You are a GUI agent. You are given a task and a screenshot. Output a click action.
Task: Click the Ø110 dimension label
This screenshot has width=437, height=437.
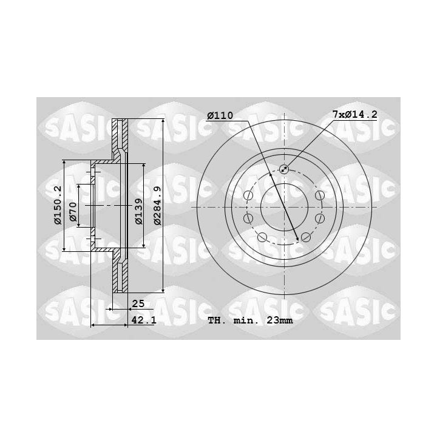(x=220, y=115)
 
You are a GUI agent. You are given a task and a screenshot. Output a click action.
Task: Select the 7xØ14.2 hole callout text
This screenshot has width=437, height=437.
(x=354, y=114)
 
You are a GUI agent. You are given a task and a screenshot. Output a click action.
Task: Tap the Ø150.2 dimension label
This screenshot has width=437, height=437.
(x=58, y=205)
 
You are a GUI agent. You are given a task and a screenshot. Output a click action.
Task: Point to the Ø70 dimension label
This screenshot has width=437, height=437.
(x=73, y=212)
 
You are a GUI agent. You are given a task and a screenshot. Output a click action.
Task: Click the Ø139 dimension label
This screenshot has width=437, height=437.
(x=138, y=211)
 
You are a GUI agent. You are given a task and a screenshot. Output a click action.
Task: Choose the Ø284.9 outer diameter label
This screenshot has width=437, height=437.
(x=157, y=206)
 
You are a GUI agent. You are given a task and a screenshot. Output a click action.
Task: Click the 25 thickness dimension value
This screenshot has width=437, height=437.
(x=138, y=303)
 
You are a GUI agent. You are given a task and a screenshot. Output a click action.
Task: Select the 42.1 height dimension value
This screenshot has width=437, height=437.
(x=144, y=320)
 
